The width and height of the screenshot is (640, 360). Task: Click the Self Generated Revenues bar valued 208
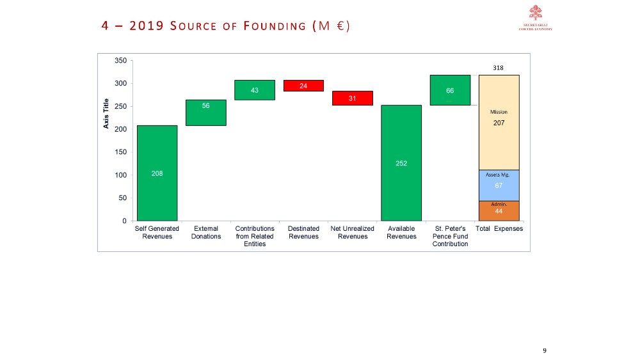[x=157, y=173]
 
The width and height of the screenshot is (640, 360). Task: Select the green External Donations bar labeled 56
[x=205, y=113]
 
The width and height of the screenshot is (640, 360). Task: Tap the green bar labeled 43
[x=254, y=90]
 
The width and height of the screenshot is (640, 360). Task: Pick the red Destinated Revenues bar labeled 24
[x=303, y=86]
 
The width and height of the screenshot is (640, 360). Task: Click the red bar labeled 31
[x=352, y=98]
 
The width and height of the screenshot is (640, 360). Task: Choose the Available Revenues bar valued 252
[x=401, y=163]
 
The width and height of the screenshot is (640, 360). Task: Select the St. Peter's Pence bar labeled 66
[x=450, y=90]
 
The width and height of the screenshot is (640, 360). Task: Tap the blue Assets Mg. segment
[x=499, y=185]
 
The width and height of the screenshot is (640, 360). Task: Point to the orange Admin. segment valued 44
[x=499, y=211]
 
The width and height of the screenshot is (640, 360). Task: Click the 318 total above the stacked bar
[x=499, y=67]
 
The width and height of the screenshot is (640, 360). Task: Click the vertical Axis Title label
[x=106, y=113]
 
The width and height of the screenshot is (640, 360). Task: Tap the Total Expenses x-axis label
[x=499, y=229]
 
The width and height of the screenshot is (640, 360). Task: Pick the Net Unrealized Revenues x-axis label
[x=352, y=232]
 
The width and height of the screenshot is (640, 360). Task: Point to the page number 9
[x=544, y=350]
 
